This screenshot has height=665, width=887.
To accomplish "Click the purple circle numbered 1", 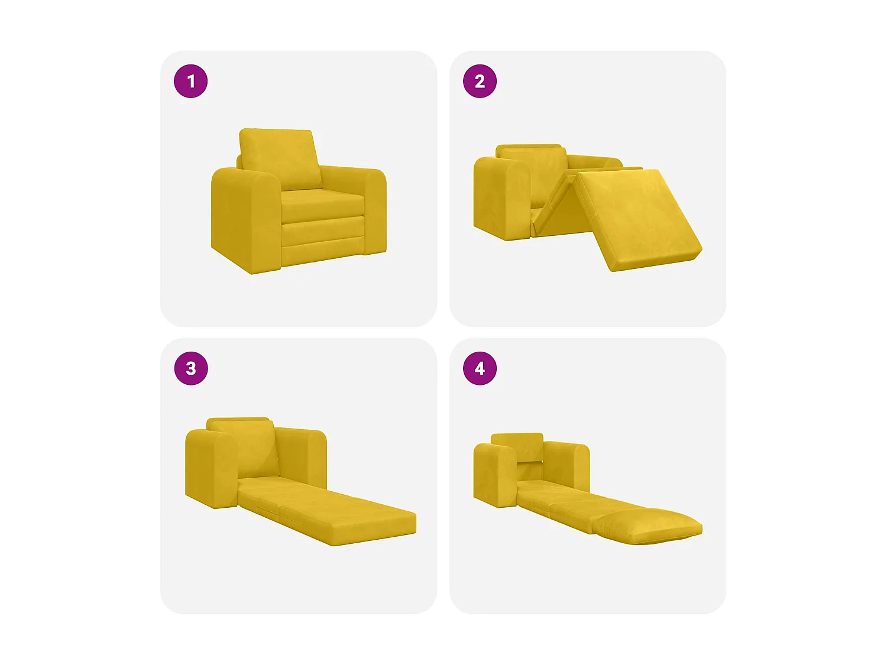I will (190, 81).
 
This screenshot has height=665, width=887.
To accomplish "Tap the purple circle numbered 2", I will (480, 81).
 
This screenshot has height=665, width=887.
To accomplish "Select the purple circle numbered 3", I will (190, 368).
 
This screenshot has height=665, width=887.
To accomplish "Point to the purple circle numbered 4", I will (480, 368).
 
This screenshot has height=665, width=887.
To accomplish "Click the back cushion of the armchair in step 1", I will (278, 157).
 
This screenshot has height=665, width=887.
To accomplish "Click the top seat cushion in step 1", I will (322, 204).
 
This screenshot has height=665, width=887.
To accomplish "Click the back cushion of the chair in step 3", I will (251, 446).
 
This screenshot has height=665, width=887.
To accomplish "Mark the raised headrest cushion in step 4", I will (517, 446).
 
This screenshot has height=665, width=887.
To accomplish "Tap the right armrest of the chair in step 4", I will (568, 464).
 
